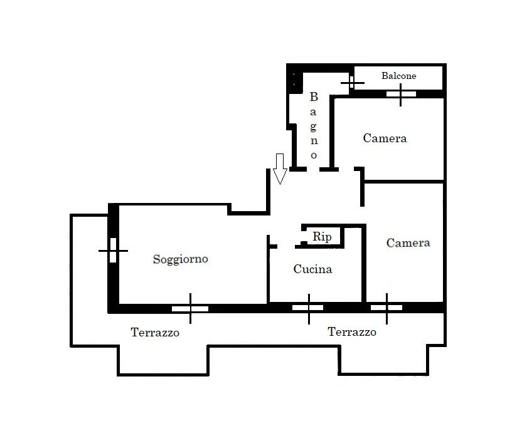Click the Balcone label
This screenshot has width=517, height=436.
coord(398,76)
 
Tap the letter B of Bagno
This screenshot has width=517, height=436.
coord(314,97)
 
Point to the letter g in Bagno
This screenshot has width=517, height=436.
coord(314,127)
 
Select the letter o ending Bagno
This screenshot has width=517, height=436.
coord(314,155)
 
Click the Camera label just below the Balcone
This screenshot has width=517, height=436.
coord(385,138)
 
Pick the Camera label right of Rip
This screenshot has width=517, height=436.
coord(408,242)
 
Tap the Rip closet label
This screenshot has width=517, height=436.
coord(322,237)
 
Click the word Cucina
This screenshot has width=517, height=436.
coord(312,269)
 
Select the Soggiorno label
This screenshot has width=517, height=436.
coord(180,259)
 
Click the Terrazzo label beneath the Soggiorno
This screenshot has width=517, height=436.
coord(155,332)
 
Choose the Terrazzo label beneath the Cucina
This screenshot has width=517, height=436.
coord(352,331)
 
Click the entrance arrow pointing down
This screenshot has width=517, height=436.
coord(280,169)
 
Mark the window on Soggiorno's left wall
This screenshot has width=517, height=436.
coord(113,251)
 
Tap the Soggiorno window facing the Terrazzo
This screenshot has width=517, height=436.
coord(190,309)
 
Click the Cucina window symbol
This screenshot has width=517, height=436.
coord(308,308)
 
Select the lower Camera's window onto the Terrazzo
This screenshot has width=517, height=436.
coord(386,308)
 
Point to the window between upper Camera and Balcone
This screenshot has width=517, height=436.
coord(400,94)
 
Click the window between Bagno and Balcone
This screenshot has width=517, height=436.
coord(352,82)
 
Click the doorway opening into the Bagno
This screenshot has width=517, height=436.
coord(313,169)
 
